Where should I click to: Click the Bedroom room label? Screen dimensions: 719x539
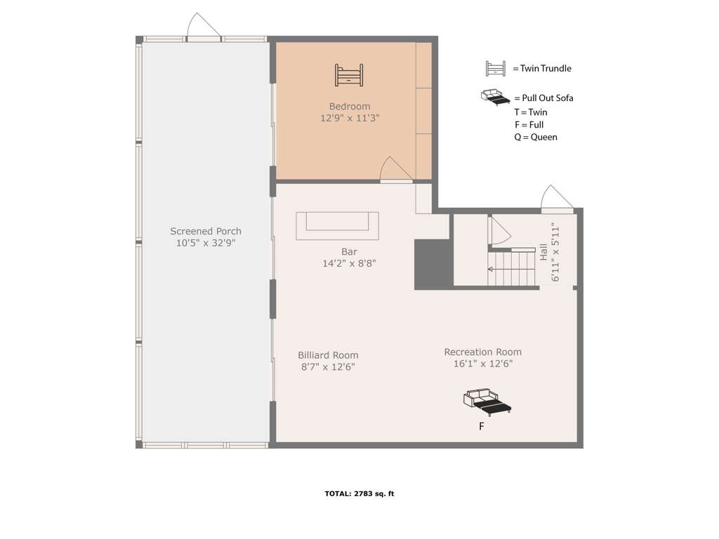350,107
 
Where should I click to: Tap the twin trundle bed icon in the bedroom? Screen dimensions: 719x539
349,75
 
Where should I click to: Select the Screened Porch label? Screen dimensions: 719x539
206,232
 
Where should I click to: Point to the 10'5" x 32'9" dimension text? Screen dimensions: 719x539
206,243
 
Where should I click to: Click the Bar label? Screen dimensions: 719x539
349,252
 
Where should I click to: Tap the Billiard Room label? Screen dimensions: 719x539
328,355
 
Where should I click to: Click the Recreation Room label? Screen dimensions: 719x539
483,352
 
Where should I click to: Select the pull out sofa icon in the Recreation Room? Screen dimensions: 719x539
487,402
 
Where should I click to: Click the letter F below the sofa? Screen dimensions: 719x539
482,426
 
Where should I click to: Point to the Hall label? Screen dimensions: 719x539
544,252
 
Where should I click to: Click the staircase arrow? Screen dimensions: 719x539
511,269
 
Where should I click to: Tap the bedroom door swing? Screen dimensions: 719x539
396,170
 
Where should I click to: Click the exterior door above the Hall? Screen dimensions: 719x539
557,199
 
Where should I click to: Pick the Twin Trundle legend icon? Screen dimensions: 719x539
496,68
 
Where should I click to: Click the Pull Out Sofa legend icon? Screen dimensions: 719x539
495,98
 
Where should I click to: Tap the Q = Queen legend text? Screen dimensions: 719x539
536,137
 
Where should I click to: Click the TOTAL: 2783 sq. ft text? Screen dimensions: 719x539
359,493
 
